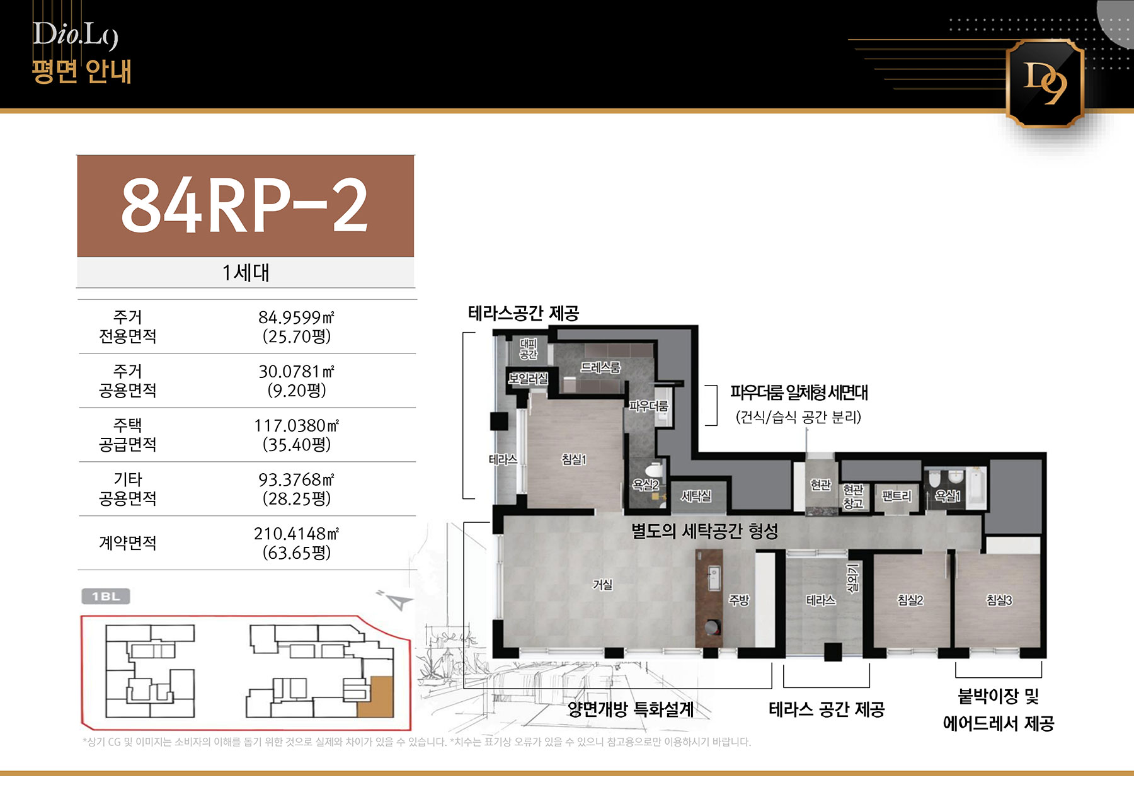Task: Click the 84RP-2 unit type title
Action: tap(244, 205)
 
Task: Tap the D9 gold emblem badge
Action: tap(1045, 83)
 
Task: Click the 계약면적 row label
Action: tap(128, 543)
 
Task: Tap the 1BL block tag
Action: tap(106, 596)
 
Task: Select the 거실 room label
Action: tap(603, 585)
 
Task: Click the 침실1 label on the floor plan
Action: tap(574, 460)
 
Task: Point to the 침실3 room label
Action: tap(999, 600)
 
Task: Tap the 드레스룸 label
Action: tap(600, 367)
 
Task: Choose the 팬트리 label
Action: tap(896, 496)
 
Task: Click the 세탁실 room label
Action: tap(696, 496)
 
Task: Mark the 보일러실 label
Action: tap(529, 379)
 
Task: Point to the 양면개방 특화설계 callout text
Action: tap(631, 709)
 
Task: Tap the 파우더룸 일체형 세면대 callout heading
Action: tap(799, 392)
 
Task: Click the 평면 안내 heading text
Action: tap(82, 71)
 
